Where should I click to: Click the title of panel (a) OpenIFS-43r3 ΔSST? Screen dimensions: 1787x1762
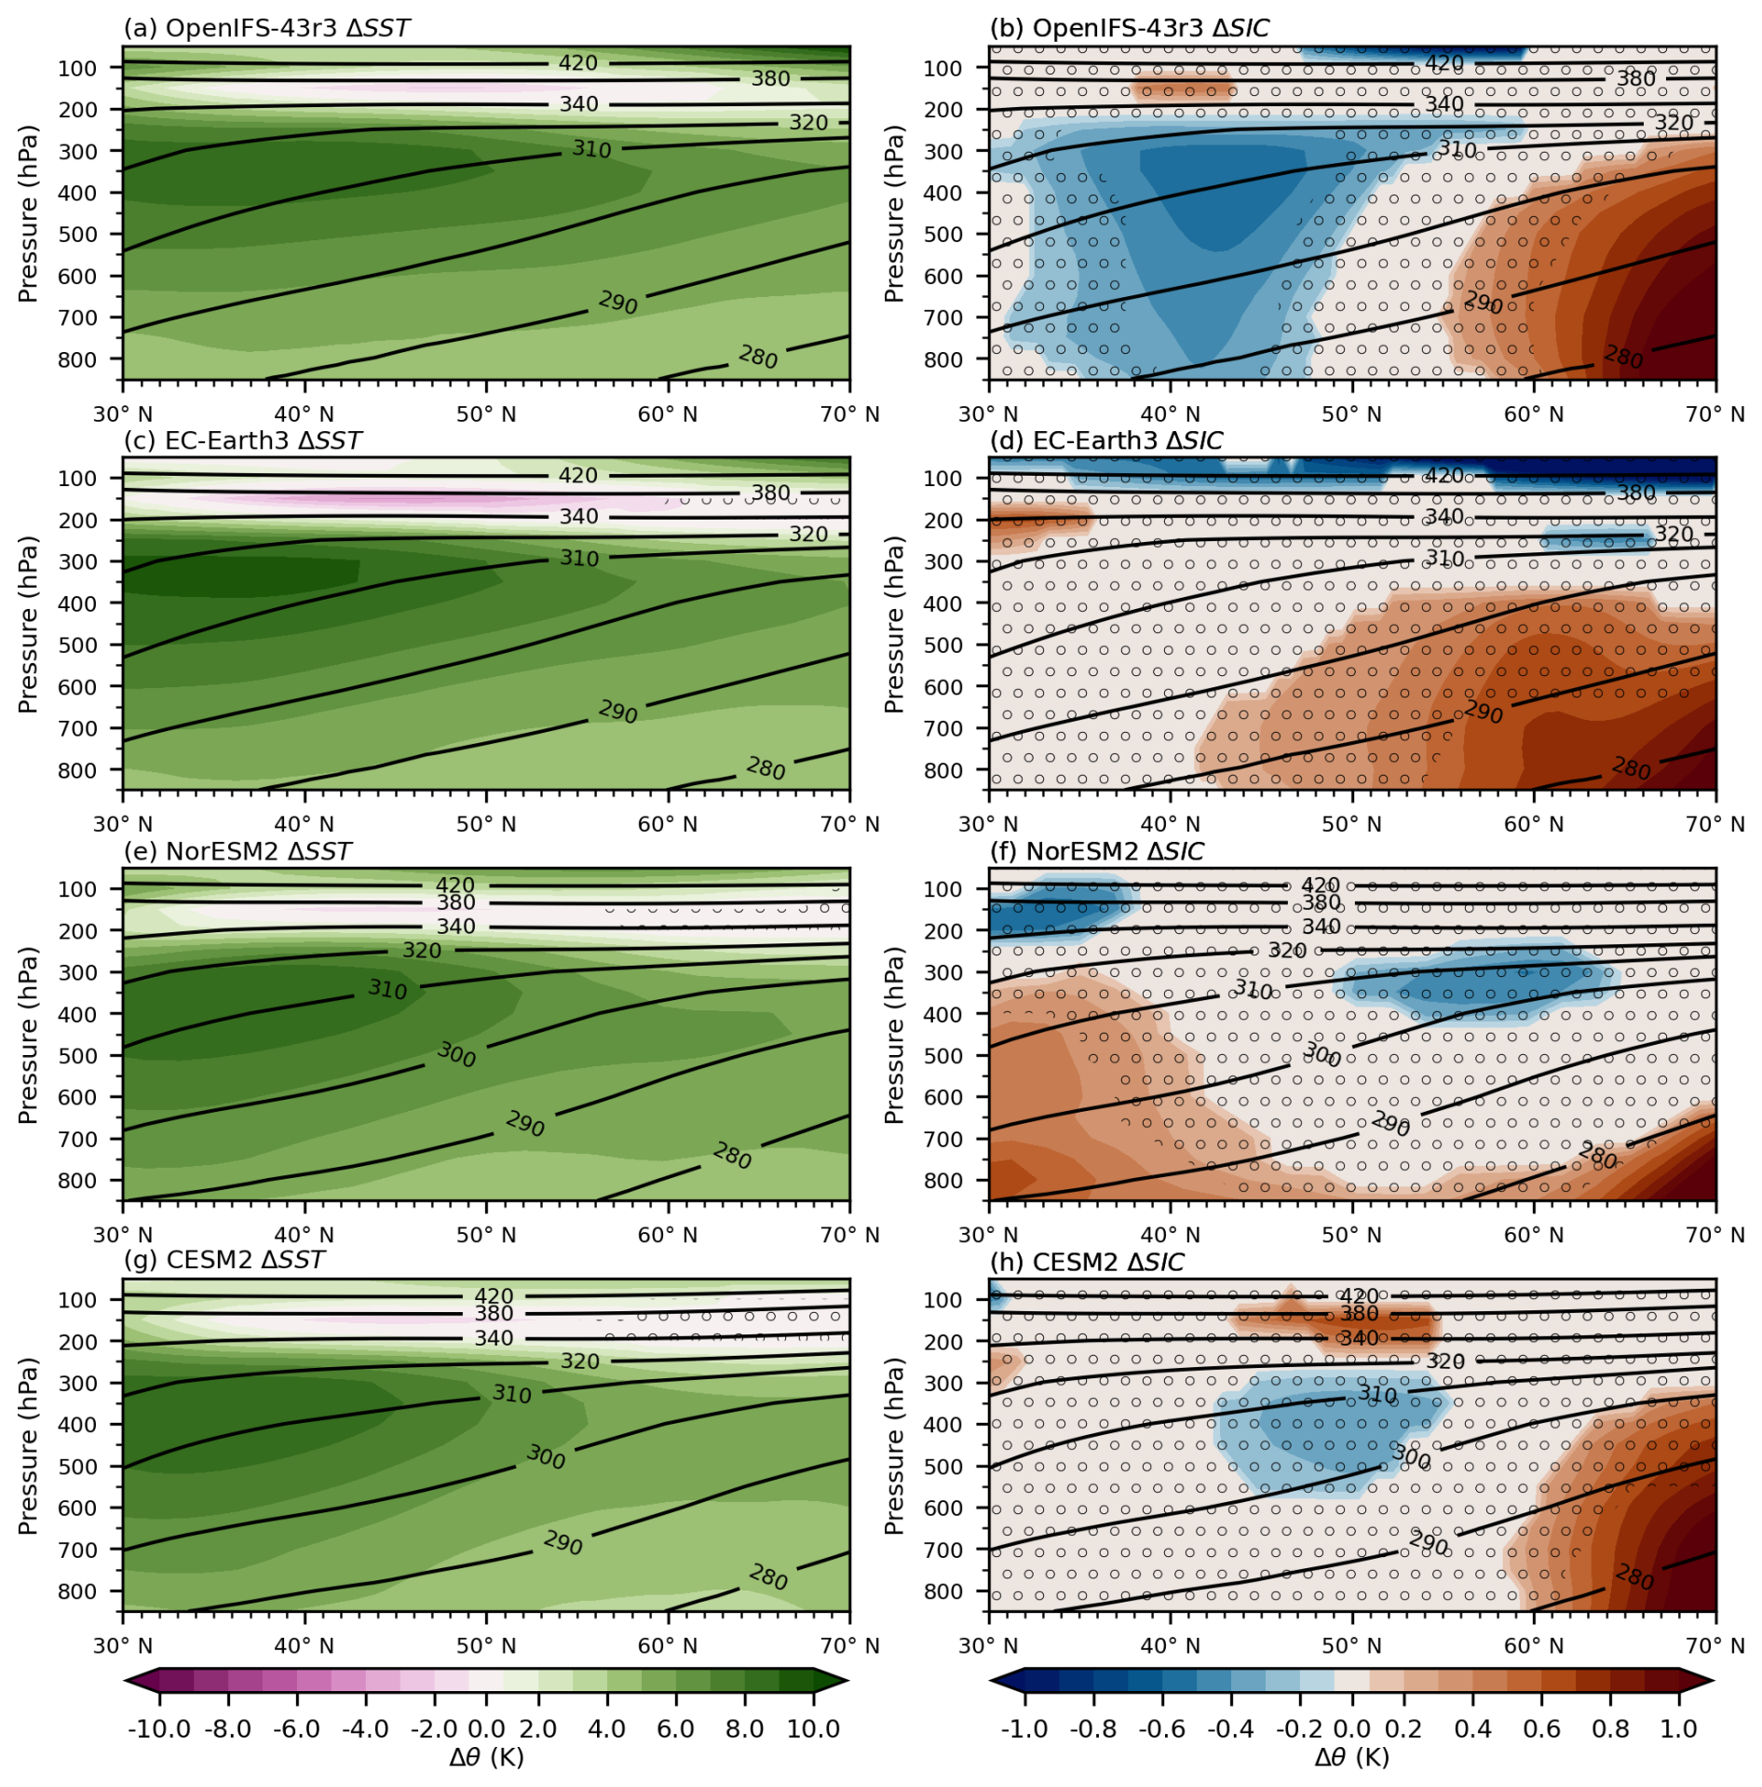coord(266,28)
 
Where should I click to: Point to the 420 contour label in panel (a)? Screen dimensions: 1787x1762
coord(577,63)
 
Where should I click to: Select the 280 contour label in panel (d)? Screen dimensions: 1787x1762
coord(1631,768)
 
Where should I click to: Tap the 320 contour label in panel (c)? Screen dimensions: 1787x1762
coord(808,535)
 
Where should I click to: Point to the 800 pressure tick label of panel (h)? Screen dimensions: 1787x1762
coord(943,1591)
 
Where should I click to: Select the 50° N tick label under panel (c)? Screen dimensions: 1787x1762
coord(486,824)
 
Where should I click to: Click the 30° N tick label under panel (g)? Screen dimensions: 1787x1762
coord(123,1645)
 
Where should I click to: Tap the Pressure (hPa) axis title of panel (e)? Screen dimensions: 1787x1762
coord(28,1035)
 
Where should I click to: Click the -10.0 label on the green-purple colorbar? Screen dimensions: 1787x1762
coord(159,1729)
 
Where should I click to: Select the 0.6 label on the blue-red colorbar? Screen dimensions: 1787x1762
coord(1541,1729)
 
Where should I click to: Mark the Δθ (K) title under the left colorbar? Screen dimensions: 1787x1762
coord(486,1757)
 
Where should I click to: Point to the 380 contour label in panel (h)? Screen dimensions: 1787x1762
coord(1359,1314)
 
